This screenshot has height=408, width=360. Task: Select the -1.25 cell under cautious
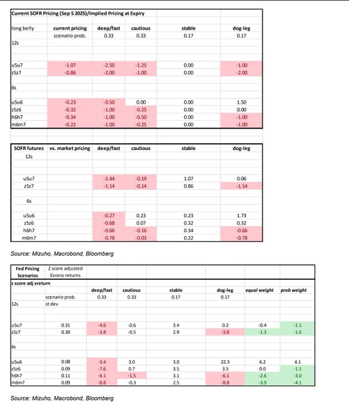pos(140,65)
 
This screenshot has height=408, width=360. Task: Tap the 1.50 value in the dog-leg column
pos(241,102)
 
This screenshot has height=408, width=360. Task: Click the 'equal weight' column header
pos(259,290)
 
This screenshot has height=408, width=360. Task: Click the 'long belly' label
pos(23,28)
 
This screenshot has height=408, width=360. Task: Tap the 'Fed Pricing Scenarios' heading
pos(27,271)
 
